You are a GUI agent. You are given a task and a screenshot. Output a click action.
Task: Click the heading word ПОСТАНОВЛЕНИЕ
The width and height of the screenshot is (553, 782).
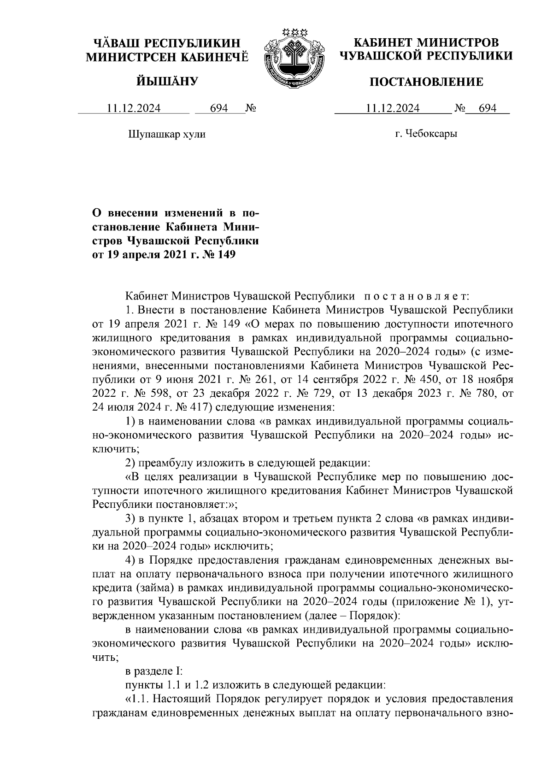tap(426, 82)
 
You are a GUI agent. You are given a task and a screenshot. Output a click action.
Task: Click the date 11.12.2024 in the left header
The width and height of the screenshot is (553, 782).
tap(134, 109)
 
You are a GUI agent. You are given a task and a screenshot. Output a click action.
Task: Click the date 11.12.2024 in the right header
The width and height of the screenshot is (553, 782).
tap(393, 109)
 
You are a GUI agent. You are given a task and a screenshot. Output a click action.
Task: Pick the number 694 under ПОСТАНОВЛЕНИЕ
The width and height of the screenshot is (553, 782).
tap(488, 109)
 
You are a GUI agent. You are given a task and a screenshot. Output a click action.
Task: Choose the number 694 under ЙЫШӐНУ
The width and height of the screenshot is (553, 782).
tap(219, 109)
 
